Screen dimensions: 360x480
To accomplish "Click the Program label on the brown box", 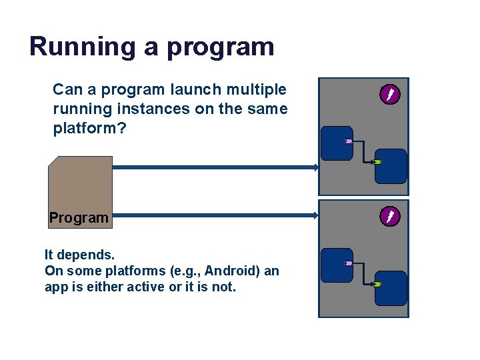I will pyautogui.click(x=79, y=217).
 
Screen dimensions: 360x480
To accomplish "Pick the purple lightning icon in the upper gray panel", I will pyautogui.click(x=390, y=95).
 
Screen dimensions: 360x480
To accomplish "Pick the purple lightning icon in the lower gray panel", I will pyautogui.click(x=390, y=217).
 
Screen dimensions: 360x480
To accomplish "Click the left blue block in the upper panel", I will pyautogui.click(x=336, y=143).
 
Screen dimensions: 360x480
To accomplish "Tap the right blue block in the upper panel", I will pyautogui.click(x=391, y=166).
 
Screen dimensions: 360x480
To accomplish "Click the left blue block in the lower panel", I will pyautogui.click(x=336, y=265).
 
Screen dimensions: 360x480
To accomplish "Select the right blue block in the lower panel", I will pyautogui.click(x=391, y=288).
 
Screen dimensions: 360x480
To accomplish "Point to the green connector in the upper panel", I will pyautogui.click(x=377, y=162).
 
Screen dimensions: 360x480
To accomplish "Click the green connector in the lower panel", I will pyautogui.click(x=377, y=285).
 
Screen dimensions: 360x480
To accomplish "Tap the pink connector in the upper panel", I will pyautogui.click(x=348, y=141).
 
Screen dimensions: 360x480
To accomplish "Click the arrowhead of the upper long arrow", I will pyautogui.click(x=316, y=167).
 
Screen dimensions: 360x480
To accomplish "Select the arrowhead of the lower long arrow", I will pyautogui.click(x=316, y=215).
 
